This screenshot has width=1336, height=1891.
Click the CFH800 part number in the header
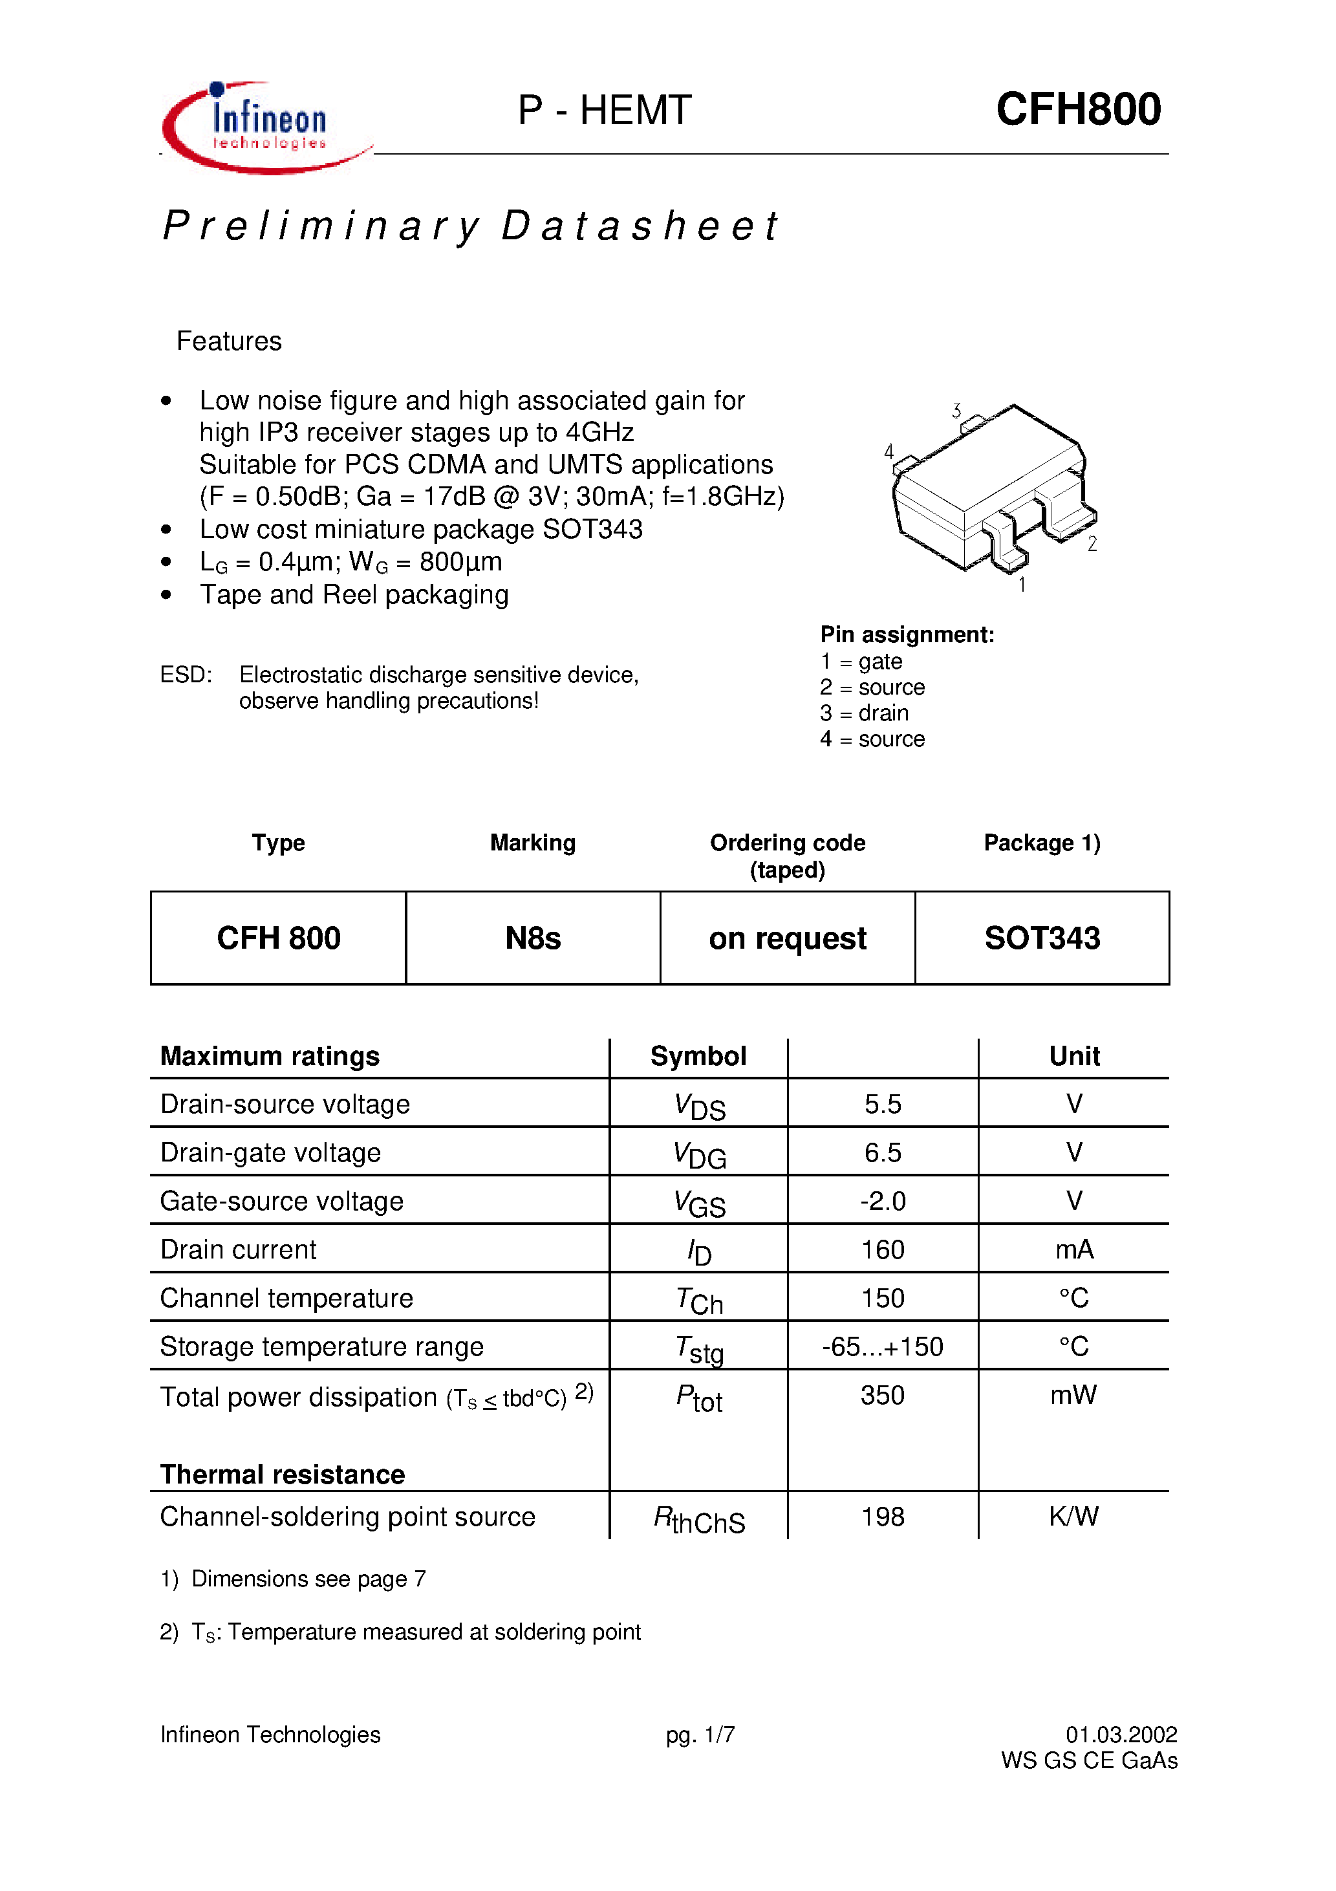(x=1077, y=109)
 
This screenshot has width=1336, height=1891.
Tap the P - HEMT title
(x=604, y=111)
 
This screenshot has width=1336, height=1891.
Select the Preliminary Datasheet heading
(x=469, y=226)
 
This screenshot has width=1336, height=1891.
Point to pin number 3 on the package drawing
(x=956, y=410)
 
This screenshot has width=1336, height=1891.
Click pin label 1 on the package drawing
(x=1021, y=584)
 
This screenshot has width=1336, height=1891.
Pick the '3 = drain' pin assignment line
(x=864, y=713)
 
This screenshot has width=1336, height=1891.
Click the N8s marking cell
(x=533, y=938)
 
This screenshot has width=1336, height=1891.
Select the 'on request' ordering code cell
(x=788, y=938)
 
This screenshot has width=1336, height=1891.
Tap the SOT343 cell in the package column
(x=1042, y=938)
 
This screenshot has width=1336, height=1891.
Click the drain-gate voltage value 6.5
(x=882, y=1152)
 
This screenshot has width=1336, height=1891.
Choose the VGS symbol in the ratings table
(x=699, y=1204)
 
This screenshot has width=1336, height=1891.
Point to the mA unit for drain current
(x=1074, y=1249)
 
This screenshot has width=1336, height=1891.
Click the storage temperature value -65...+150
(x=882, y=1346)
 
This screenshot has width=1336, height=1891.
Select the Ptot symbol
(x=699, y=1398)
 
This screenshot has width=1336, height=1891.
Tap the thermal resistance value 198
(x=882, y=1517)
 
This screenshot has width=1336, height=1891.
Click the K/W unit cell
(x=1073, y=1517)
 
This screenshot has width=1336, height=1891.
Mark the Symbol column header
(x=698, y=1056)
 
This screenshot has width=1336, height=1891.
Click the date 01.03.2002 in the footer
(x=1121, y=1734)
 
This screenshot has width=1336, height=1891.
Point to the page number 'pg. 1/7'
(x=700, y=1734)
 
